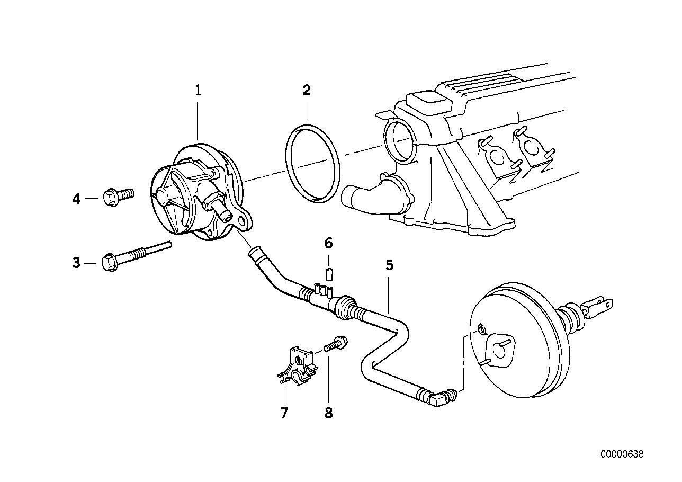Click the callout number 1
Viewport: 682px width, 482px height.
[198, 91]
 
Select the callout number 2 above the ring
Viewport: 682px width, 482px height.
[307, 91]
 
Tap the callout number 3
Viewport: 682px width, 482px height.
[76, 262]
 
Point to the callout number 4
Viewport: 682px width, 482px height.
[76, 199]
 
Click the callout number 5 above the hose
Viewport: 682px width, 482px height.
[389, 265]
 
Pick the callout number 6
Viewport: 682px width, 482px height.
[328, 243]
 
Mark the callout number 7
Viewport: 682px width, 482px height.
[284, 413]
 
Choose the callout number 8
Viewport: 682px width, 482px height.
[328, 413]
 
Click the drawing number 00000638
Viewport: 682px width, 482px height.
[622, 454]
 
